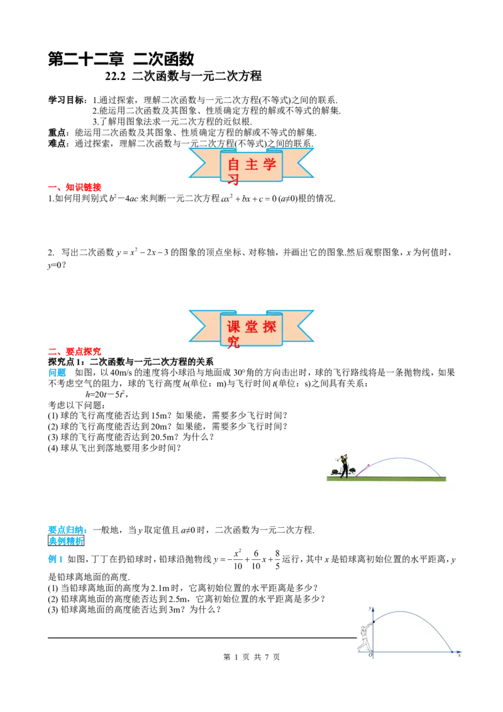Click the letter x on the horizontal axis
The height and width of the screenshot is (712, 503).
click(460, 656)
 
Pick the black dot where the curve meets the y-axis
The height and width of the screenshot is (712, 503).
click(373, 623)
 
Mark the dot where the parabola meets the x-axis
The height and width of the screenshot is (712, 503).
click(451, 652)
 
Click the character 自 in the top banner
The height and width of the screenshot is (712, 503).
click(234, 165)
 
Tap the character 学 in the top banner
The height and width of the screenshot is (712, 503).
click(270, 165)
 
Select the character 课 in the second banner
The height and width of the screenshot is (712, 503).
click(234, 326)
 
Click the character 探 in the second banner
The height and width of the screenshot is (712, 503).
click(270, 326)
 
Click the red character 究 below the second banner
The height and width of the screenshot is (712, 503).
click(234, 342)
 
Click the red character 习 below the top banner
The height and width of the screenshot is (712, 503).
click(234, 181)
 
